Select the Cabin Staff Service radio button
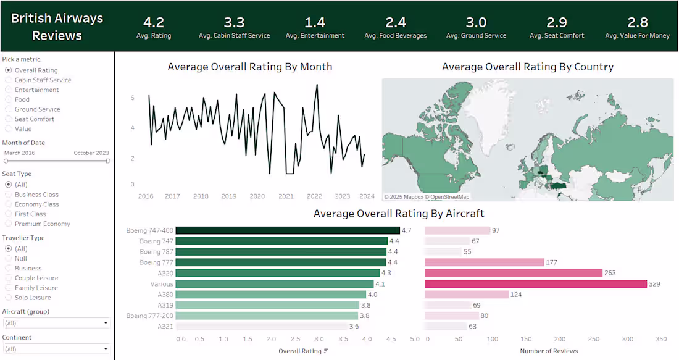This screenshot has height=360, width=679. coord(8,80)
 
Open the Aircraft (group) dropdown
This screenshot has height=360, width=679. coord(57,323)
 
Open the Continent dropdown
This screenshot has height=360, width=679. coord(57,349)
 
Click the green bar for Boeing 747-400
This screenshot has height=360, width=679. coord(288,230)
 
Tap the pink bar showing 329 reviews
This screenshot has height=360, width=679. coord(536,284)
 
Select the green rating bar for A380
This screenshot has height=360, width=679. coord(270,295)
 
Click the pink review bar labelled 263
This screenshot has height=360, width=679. coord(514,273)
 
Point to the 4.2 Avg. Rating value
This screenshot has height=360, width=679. coord(154,22)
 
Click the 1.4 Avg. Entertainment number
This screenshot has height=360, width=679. coord(315,22)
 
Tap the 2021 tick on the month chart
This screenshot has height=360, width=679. coord(286,196)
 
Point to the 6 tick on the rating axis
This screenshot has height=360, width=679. coord(133,98)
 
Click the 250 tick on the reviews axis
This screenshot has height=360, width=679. coord(594,339)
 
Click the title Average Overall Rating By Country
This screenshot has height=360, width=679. coord(527,67)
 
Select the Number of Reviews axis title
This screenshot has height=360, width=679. coord(549,351)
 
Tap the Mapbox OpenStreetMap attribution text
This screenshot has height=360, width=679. coord(427,197)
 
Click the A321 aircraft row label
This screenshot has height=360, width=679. coord(165,326)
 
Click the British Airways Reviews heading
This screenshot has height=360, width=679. coord(57,27)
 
